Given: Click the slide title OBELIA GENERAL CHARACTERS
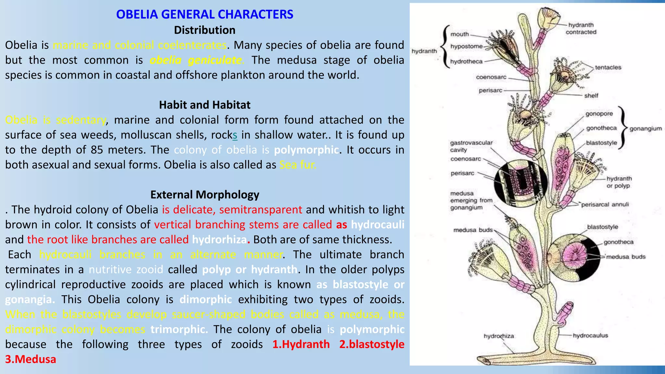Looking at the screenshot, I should (x=205, y=14).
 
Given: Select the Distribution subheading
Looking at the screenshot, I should (x=205, y=30).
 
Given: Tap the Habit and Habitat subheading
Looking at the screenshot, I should (x=205, y=105).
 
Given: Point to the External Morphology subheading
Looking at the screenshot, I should (x=205, y=194).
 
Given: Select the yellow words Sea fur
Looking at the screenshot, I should (x=297, y=165).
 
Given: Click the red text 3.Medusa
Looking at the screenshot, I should (x=31, y=359).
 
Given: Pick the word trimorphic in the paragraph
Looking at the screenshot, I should (x=179, y=329).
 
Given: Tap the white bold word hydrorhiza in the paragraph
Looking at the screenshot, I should (x=220, y=240).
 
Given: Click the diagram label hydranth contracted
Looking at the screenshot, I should (x=581, y=29).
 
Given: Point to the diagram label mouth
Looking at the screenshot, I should (x=459, y=34).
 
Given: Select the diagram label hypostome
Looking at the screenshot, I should (x=466, y=46).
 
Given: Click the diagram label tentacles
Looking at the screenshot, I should (x=608, y=68).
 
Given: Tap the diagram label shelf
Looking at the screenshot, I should (x=591, y=96).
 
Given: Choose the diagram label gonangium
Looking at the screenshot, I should (x=646, y=129).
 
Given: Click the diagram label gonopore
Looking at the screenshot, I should (x=599, y=114).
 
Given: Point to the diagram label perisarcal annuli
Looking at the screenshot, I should (x=605, y=205).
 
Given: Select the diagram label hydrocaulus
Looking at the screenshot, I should (x=590, y=336).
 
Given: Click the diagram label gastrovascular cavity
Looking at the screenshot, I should (x=471, y=146).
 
